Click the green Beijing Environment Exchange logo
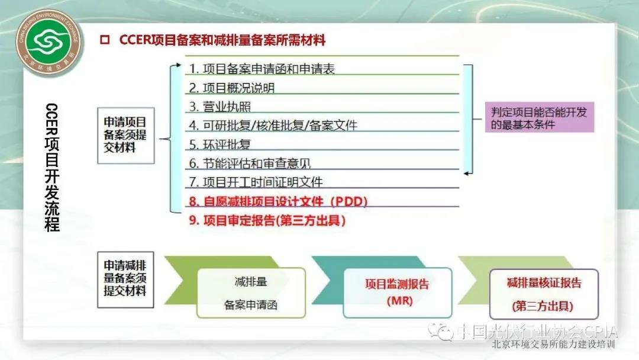tap(49, 43)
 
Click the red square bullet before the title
tap(105, 40)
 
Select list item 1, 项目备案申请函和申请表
tap(262, 69)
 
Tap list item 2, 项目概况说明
tap(231, 88)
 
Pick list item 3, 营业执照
tap(220, 107)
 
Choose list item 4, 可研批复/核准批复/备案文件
tap(273, 125)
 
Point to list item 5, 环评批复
tap(220, 144)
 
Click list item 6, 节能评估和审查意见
tap(250, 163)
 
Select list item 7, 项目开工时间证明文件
tap(256, 182)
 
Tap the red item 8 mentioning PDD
tap(278, 201)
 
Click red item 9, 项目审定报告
tap(267, 220)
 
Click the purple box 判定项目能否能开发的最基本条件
tap(539, 117)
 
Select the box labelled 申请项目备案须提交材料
tap(125, 136)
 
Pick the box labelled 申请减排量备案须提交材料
tap(125, 279)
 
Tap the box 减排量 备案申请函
tap(251, 292)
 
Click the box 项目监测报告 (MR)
tap(398, 292)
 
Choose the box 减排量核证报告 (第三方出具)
tap(544, 294)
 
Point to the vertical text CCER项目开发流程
tap(51, 167)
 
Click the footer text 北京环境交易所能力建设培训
tap(553, 345)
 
